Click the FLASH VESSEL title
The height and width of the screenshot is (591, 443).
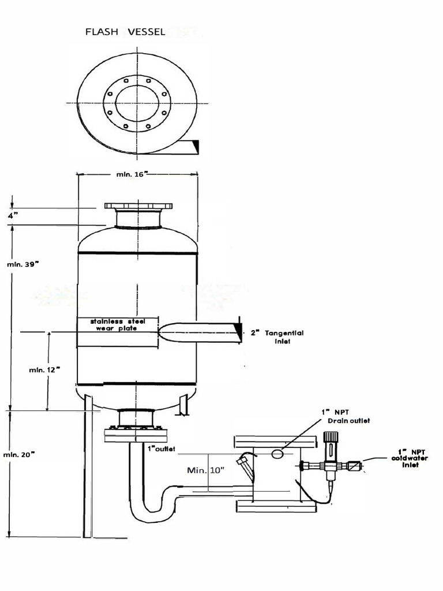click(125, 32)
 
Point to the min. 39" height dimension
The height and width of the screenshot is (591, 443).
click(22, 264)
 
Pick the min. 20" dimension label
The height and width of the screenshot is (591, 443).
click(21, 455)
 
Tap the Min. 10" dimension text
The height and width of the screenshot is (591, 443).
click(205, 470)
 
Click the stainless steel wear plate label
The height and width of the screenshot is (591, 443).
click(118, 324)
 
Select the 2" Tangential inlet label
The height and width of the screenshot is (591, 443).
click(276, 337)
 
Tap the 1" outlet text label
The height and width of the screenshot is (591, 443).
click(162, 448)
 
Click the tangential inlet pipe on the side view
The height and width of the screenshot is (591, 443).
click(199, 333)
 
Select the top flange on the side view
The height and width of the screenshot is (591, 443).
click(138, 206)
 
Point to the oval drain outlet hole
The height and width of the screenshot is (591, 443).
click(277, 454)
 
